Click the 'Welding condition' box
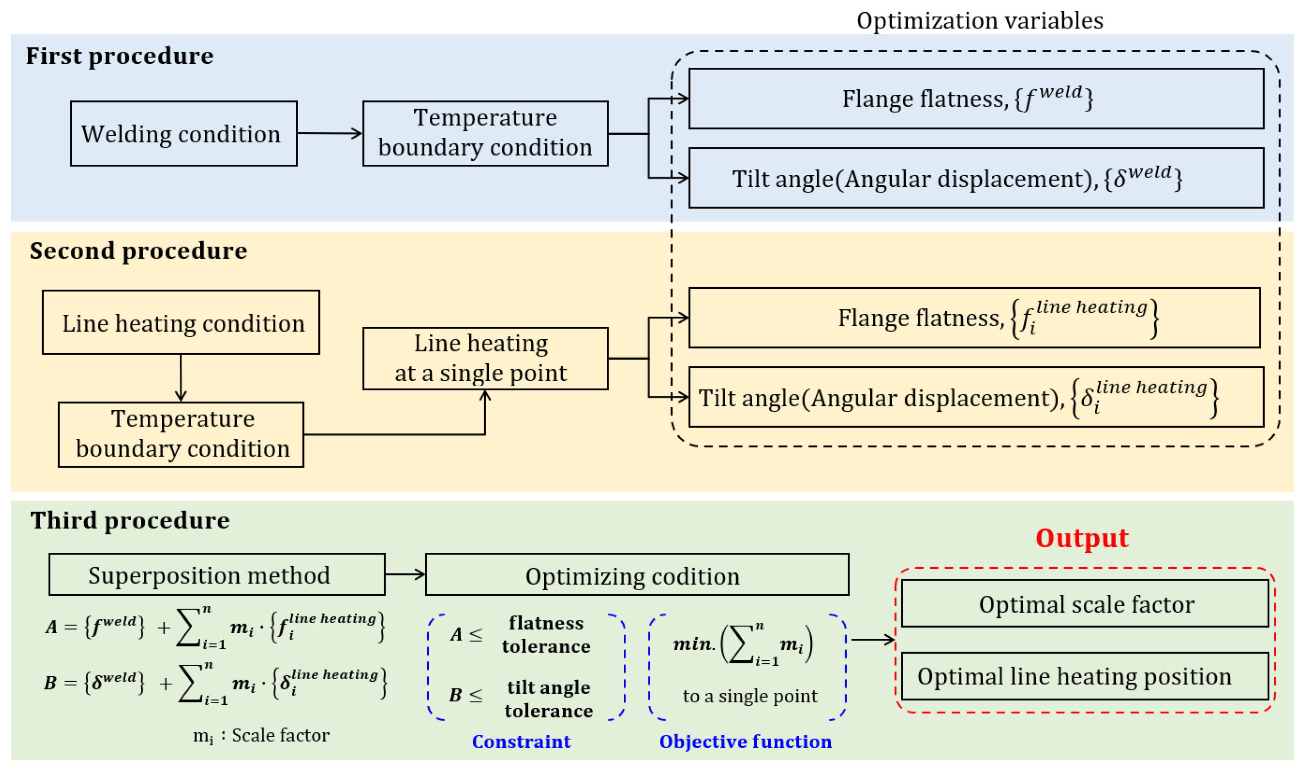click(184, 134)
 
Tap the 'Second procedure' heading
click(138, 251)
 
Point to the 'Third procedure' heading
click(130, 521)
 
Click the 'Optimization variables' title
click(979, 21)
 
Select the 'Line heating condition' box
click(181, 323)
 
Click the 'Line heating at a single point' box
click(485, 358)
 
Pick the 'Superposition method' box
click(217, 575)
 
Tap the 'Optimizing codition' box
click(637, 575)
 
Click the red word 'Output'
click(1082, 538)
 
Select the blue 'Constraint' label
click(521, 741)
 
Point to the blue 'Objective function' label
click(745, 741)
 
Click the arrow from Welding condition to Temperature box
click(330, 134)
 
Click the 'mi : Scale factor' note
click(261, 736)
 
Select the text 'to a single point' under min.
click(749, 696)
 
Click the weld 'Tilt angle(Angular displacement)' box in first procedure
click(976, 178)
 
